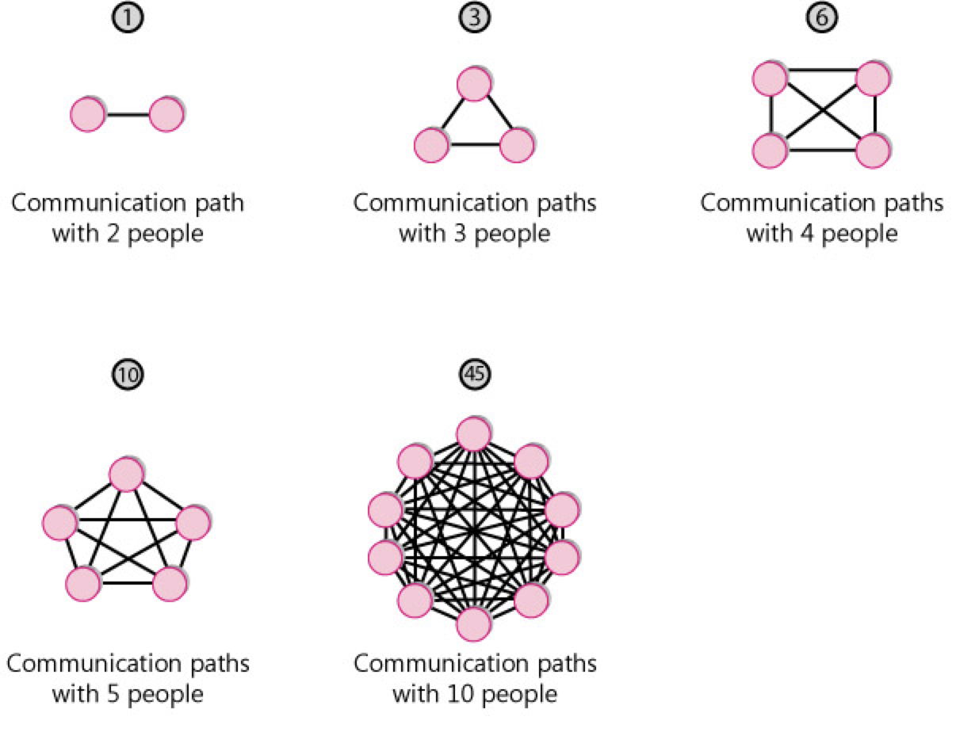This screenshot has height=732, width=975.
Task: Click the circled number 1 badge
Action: (128, 17)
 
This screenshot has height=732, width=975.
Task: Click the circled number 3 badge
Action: (474, 17)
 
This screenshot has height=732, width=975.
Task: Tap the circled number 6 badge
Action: (822, 17)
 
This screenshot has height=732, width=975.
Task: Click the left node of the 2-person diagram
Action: (87, 115)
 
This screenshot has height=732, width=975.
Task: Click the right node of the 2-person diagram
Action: (166, 115)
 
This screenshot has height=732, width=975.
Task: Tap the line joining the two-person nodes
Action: (127, 115)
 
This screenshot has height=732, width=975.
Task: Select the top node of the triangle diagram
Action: (473, 84)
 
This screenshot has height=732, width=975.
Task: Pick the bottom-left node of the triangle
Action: (432, 147)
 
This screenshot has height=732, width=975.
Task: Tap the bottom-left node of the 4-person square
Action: (770, 151)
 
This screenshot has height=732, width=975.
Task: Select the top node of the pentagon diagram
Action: (125, 475)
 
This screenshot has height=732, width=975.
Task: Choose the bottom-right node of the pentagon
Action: (169, 585)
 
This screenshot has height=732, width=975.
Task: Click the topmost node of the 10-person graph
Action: (473, 433)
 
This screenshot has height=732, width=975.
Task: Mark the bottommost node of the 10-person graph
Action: (473, 625)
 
